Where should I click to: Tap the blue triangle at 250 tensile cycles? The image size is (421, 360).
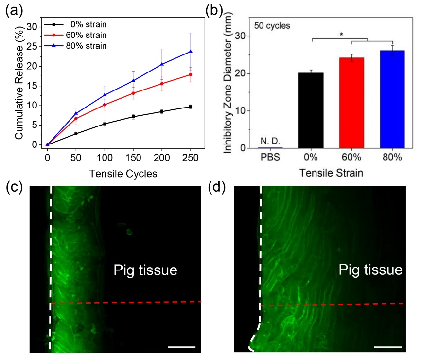click(x=191, y=51)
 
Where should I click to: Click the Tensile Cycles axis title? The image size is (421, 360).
click(x=119, y=173)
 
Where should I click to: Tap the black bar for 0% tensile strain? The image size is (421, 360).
click(x=311, y=110)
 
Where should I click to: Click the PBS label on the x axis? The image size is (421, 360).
click(x=270, y=159)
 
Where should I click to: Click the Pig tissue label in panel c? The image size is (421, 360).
click(x=145, y=270)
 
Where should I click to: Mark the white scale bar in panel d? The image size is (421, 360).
click(x=388, y=347)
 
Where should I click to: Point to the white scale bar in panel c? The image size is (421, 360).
click(x=182, y=347)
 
